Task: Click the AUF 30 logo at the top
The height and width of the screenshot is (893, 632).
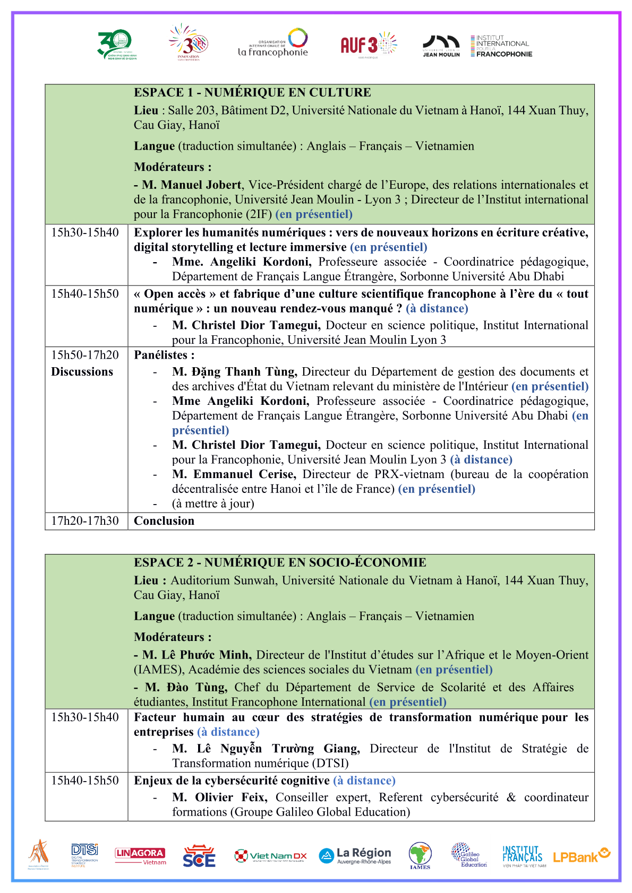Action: coord(368,44)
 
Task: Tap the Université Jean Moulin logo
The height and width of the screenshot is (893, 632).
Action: coord(441,46)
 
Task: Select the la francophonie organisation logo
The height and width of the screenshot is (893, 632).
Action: coord(273,43)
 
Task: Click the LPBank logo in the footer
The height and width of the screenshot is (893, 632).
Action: coord(582,856)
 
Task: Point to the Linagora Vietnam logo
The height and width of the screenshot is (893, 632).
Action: coord(140,856)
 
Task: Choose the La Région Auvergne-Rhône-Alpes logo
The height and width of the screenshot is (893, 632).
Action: coord(355,855)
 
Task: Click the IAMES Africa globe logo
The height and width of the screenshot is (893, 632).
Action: coord(420,855)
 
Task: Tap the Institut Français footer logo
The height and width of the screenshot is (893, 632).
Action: coord(523,856)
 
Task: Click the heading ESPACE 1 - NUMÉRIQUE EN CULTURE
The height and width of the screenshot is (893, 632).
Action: coord(252,92)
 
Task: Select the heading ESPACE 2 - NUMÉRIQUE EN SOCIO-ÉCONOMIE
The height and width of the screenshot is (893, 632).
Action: coord(280,562)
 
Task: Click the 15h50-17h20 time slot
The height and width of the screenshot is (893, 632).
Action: coord(85,355)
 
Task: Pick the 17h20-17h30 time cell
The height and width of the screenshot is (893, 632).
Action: coord(85,521)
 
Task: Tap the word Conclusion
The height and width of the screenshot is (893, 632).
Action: coord(164,521)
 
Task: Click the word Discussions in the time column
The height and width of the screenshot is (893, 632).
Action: coord(82,372)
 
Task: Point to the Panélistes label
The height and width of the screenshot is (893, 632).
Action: coord(164,355)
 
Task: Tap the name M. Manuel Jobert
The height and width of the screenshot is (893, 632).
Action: coord(192,185)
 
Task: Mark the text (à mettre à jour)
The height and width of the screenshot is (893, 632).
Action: coord(213,504)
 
